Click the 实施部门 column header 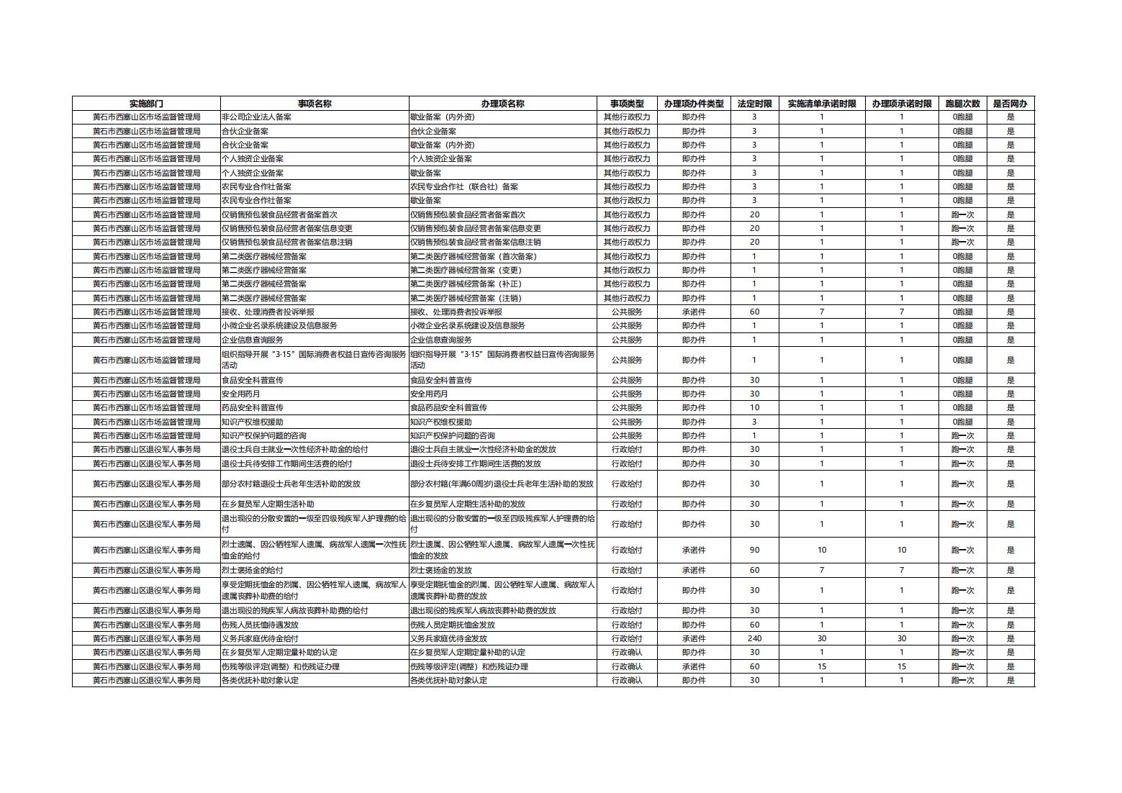pyautogui.click(x=146, y=104)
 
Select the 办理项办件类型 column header pyautogui.click(x=693, y=104)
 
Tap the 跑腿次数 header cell pyautogui.click(x=962, y=104)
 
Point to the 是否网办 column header pyautogui.click(x=1010, y=104)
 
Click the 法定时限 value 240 pyautogui.click(x=754, y=638)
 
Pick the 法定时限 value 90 pyautogui.click(x=754, y=550)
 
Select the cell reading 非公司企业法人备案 pyautogui.click(x=257, y=117)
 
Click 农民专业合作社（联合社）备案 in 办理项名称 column pyautogui.click(x=464, y=186)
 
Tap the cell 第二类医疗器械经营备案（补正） pyautogui.click(x=466, y=284)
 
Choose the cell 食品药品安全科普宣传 pyautogui.click(x=448, y=408)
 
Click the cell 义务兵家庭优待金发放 pyautogui.click(x=448, y=638)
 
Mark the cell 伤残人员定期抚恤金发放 pyautogui.click(x=453, y=625)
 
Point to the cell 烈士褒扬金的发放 pyautogui.click(x=439, y=570)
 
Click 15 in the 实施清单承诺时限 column pyautogui.click(x=822, y=666)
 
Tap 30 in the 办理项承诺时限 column pyautogui.click(x=901, y=638)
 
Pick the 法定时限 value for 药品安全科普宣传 pyautogui.click(x=754, y=408)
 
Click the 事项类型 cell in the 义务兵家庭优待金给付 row pyautogui.click(x=626, y=638)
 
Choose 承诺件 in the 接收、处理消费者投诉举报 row pyautogui.click(x=693, y=312)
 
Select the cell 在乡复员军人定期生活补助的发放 pyautogui.click(x=468, y=504)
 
